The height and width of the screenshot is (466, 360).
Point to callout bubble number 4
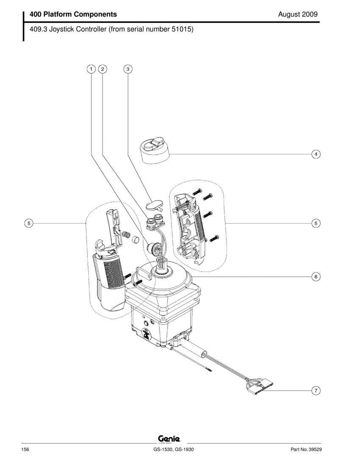point(316,154)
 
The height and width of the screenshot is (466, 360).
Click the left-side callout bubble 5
point(28,223)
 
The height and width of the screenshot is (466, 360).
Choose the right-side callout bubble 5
point(316,223)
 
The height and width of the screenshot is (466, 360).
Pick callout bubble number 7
point(316,390)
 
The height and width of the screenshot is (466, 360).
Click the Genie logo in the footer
point(169,438)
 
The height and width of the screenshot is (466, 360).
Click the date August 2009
point(298,14)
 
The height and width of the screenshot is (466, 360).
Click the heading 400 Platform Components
point(73,14)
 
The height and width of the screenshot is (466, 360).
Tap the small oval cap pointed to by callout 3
point(154,205)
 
